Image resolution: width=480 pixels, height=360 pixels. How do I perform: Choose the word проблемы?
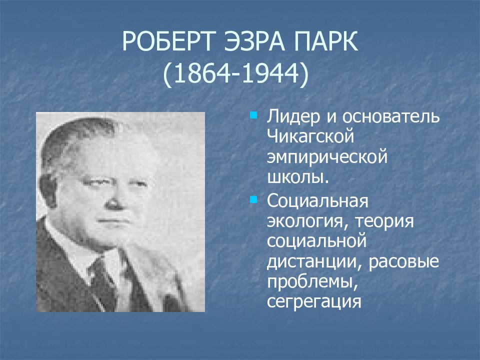click(x=312, y=282)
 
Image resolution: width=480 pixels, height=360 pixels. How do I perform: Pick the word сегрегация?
click(x=314, y=302)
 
